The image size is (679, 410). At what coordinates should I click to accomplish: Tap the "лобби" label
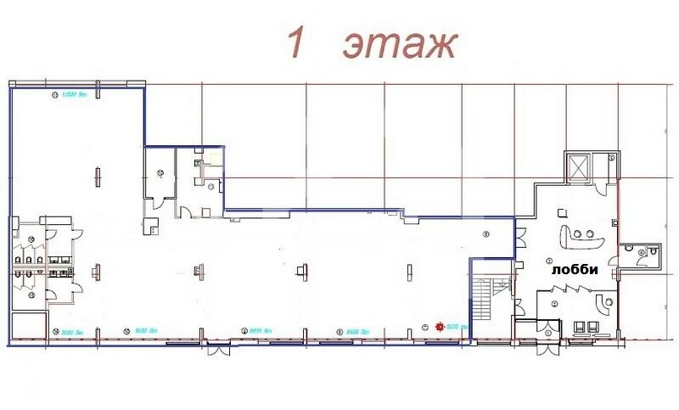575,271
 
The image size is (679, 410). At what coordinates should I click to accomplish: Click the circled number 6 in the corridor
485,233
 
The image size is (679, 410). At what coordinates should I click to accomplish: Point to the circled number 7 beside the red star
425,327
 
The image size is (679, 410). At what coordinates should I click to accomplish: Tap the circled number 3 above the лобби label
549,260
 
